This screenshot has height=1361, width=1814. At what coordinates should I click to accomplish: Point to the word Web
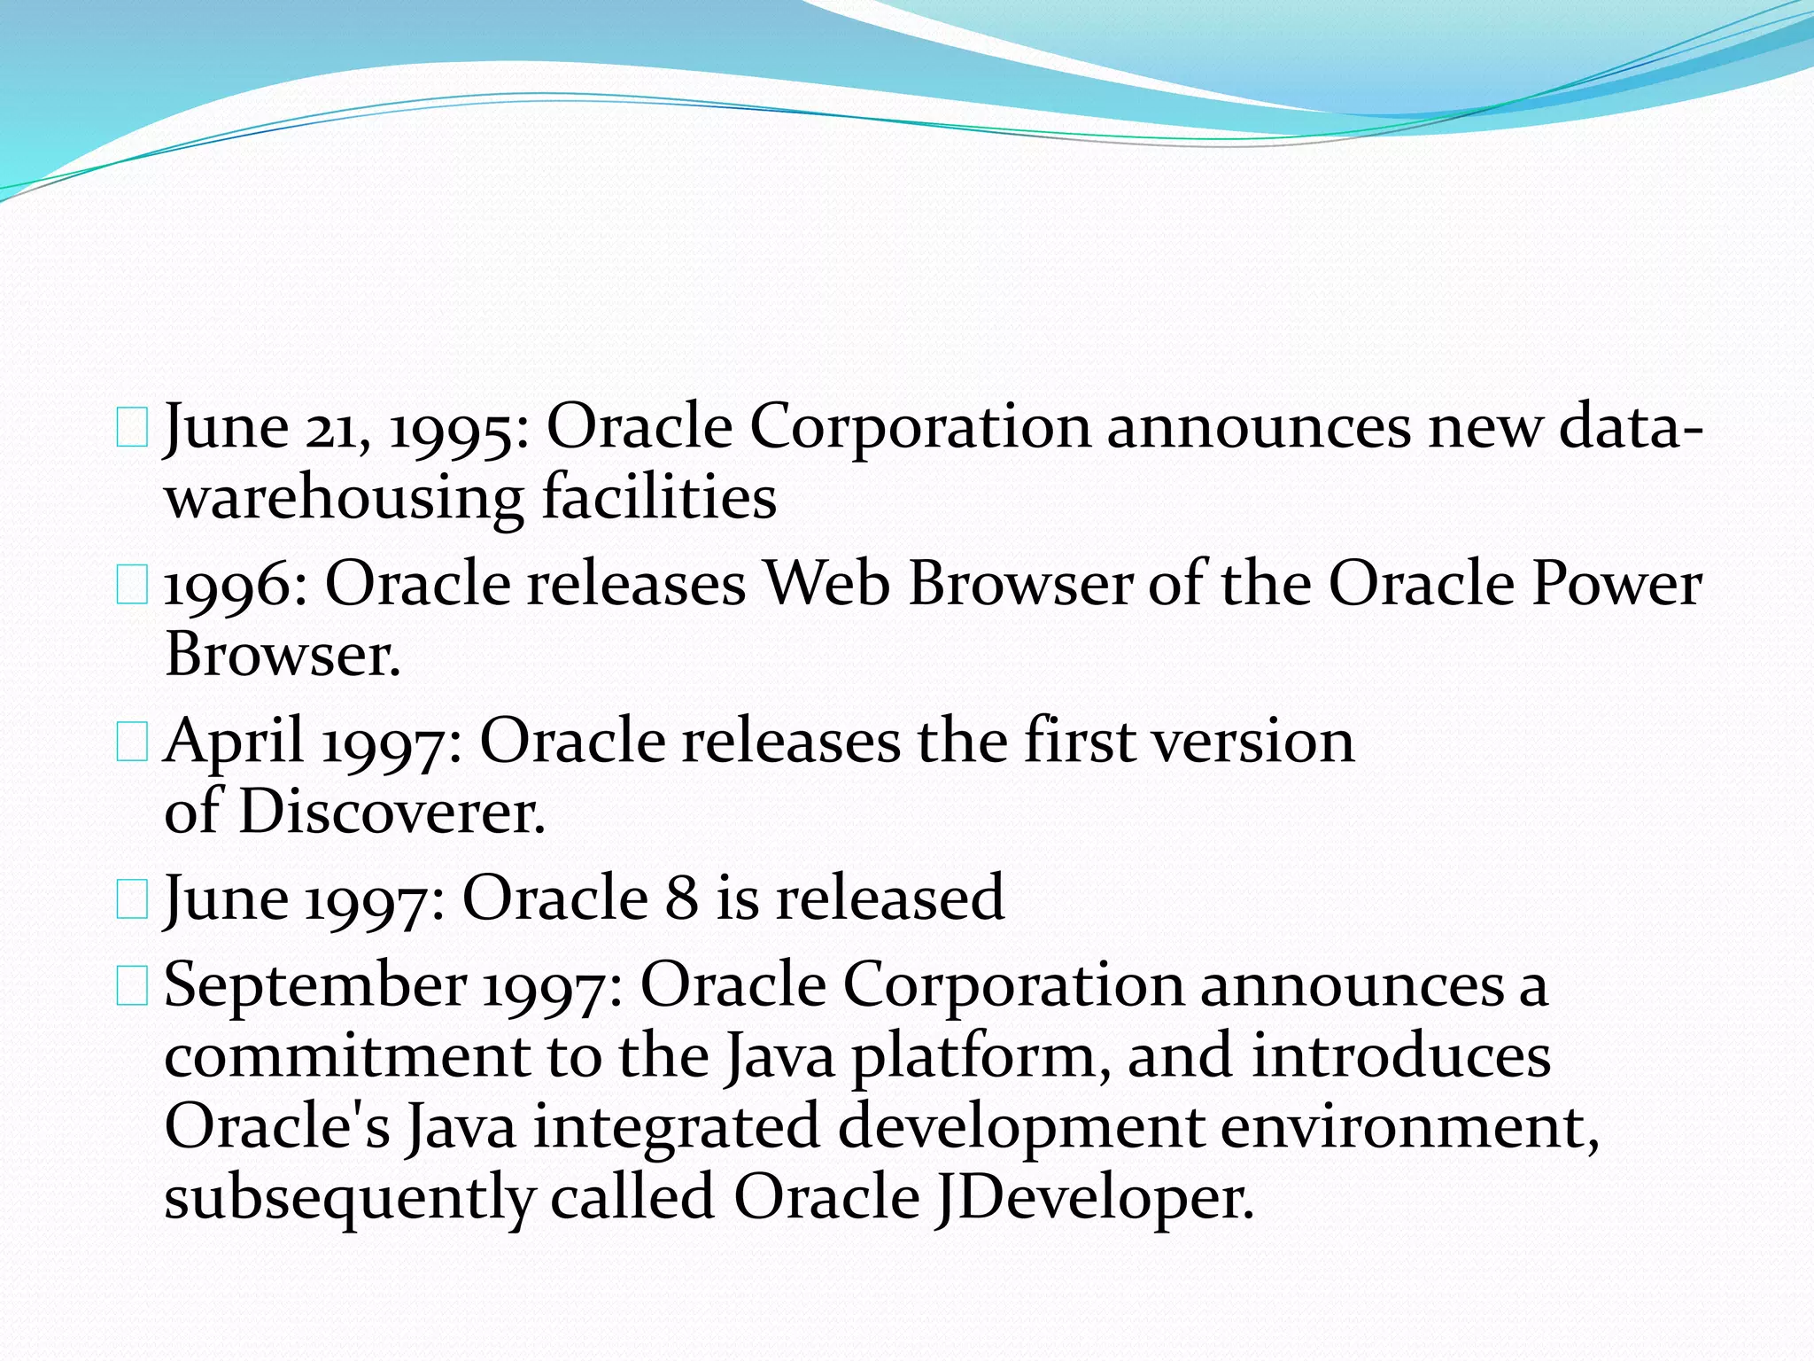pyautogui.click(x=826, y=585)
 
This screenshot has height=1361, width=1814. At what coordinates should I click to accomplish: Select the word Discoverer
pyautogui.click(x=391, y=812)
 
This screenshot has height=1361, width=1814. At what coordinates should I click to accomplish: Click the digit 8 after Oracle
pyautogui.click(x=681, y=898)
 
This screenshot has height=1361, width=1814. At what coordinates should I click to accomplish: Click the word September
pyautogui.click(x=315, y=986)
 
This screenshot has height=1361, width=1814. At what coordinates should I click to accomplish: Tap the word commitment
pyautogui.click(x=346, y=1056)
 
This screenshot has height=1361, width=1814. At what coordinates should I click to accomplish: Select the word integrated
pyautogui.click(x=677, y=1129)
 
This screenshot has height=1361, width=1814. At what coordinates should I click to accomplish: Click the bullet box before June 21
pyautogui.click(x=132, y=430)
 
